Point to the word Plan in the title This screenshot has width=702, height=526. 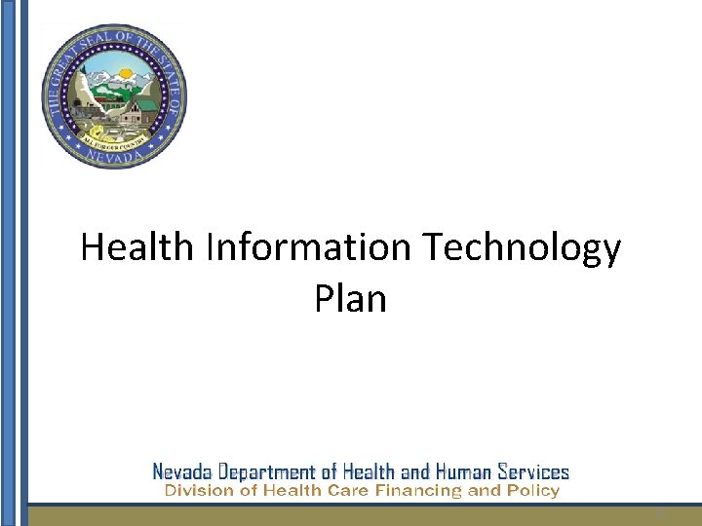pyautogui.click(x=350, y=298)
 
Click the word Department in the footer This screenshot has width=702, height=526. pyautogui.click(x=271, y=472)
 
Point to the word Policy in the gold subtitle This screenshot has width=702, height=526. pyautogui.click(x=531, y=492)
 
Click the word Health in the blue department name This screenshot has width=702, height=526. pyautogui.click(x=369, y=472)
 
